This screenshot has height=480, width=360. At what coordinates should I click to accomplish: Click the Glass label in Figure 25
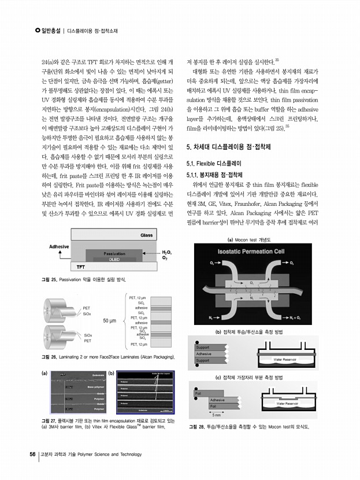point(146,235)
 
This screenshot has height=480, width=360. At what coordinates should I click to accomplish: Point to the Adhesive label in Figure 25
point(59,246)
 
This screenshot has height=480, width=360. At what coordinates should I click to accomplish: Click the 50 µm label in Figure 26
point(110,320)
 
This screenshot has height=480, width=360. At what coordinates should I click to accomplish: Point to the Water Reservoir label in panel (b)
point(286,360)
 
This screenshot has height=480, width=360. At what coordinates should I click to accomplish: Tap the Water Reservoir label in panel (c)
point(287,403)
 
